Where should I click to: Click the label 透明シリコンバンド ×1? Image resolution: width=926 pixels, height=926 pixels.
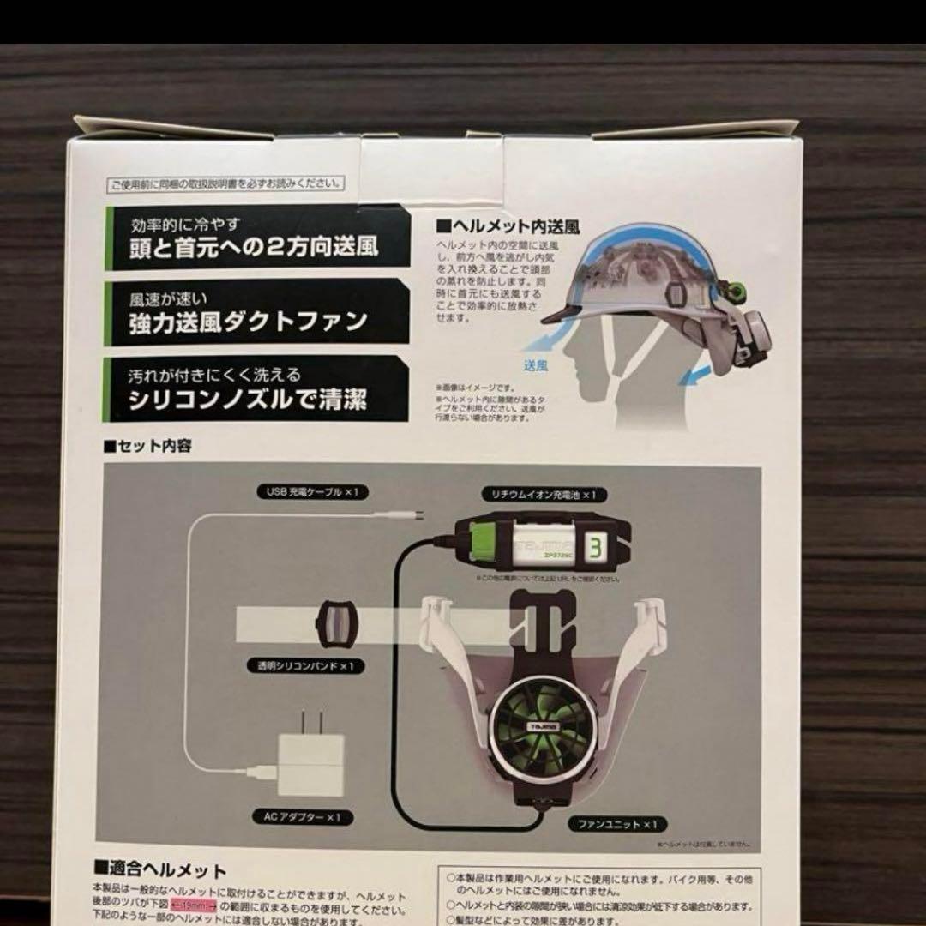click(298, 665)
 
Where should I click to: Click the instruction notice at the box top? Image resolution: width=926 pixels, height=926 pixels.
click(225, 183)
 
